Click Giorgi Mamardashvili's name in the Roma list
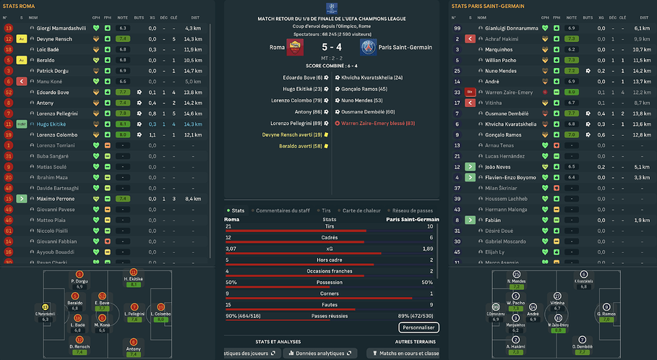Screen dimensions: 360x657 coord(58,28)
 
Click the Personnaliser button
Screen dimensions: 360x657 coord(418,327)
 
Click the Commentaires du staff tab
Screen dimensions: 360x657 coord(283,210)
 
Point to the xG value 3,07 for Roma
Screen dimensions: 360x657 coord(232,248)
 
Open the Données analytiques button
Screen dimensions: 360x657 coord(318,353)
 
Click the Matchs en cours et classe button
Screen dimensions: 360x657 coord(406,353)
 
